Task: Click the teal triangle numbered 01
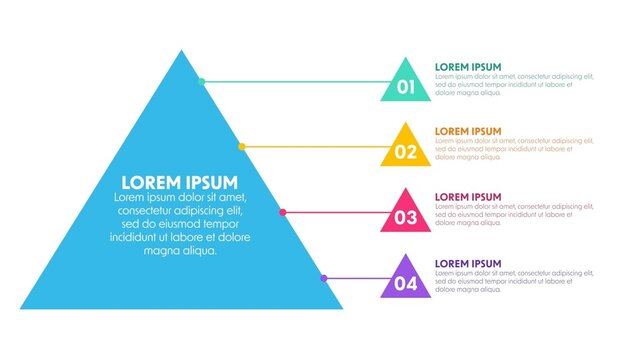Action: point(406,84)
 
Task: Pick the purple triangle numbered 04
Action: point(406,281)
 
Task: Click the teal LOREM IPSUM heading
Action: point(468,67)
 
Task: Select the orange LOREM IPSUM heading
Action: point(468,132)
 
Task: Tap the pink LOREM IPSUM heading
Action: point(468,197)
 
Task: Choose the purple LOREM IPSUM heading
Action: point(468,263)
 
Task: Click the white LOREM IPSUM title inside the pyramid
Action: point(180,182)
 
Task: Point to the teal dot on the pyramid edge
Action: point(202,81)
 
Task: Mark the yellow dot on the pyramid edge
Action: point(242,146)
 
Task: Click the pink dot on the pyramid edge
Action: point(283,212)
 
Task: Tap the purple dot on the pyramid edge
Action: point(324,278)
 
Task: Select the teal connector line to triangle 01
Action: point(300,81)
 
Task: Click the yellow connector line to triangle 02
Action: point(320,146)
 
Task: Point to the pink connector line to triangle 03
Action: point(340,212)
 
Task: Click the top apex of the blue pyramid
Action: point(181,52)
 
